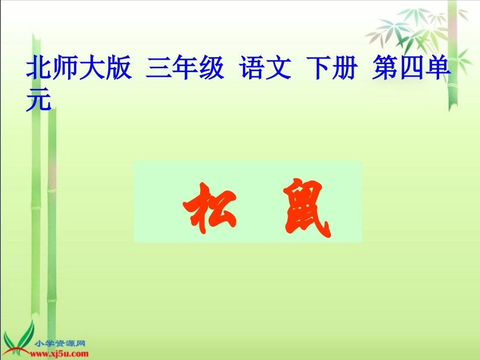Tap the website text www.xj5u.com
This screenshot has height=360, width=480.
pyautogui.click(x=61, y=353)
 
